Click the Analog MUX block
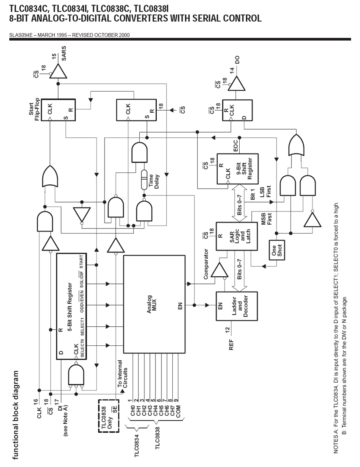154,304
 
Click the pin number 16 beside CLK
36,403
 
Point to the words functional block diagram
16,415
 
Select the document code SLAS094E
20,35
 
